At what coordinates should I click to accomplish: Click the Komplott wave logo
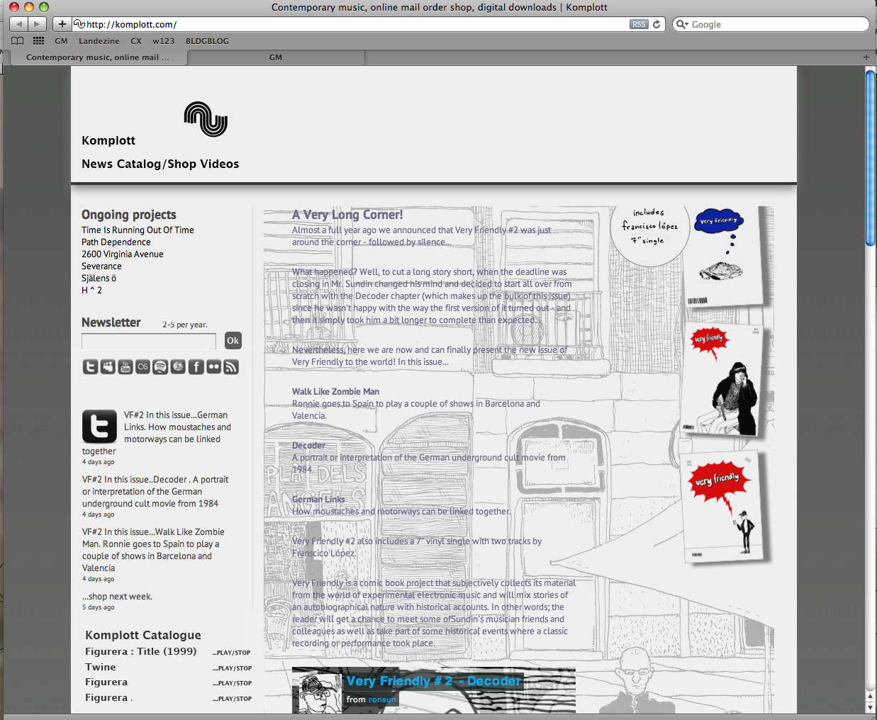coord(206,119)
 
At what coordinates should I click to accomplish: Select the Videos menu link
coord(219,164)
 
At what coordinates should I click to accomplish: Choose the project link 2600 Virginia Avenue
coord(122,254)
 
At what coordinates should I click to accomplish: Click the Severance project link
coord(101,266)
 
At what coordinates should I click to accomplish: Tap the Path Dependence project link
coord(116,242)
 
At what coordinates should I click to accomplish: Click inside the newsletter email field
coord(149,342)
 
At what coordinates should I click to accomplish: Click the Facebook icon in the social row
coord(196,366)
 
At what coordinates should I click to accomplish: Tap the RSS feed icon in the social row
coord(231,366)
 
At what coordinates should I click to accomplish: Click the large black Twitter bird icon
coord(99,427)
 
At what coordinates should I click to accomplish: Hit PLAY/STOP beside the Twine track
coord(232,668)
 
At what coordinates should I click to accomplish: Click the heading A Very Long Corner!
coord(347,215)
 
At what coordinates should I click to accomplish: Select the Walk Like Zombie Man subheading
coord(335,391)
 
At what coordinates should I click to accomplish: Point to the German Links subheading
coord(318,500)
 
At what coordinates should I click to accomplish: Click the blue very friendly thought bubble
coord(718,221)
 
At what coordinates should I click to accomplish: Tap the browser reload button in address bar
coord(657,24)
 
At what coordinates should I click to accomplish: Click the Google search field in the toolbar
coord(773,24)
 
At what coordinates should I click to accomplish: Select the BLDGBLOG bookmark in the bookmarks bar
coord(207,41)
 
